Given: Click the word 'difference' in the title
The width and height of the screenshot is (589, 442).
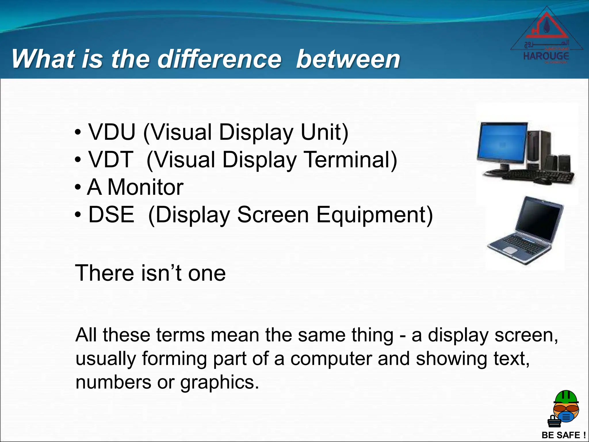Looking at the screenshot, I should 219,59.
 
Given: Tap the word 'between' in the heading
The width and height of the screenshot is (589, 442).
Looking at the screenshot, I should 348,59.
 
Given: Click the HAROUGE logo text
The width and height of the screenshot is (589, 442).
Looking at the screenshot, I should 546,56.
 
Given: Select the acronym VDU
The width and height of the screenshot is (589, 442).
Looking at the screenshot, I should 112,132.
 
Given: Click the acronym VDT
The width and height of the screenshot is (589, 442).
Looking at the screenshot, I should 111,159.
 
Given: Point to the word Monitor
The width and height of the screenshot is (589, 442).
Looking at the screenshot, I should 145,187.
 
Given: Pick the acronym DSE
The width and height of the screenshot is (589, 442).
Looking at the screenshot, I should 111,214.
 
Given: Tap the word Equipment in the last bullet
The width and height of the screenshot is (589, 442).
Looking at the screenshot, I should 374,215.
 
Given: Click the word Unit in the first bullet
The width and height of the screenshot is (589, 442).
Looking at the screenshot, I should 324,132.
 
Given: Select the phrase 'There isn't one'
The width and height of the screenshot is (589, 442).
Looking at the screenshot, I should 150,273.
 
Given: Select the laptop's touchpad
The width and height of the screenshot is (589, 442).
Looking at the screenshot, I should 510,250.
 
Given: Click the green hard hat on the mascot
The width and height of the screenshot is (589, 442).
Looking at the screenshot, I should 566,397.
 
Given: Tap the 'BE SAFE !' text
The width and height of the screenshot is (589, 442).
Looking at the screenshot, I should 563,435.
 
